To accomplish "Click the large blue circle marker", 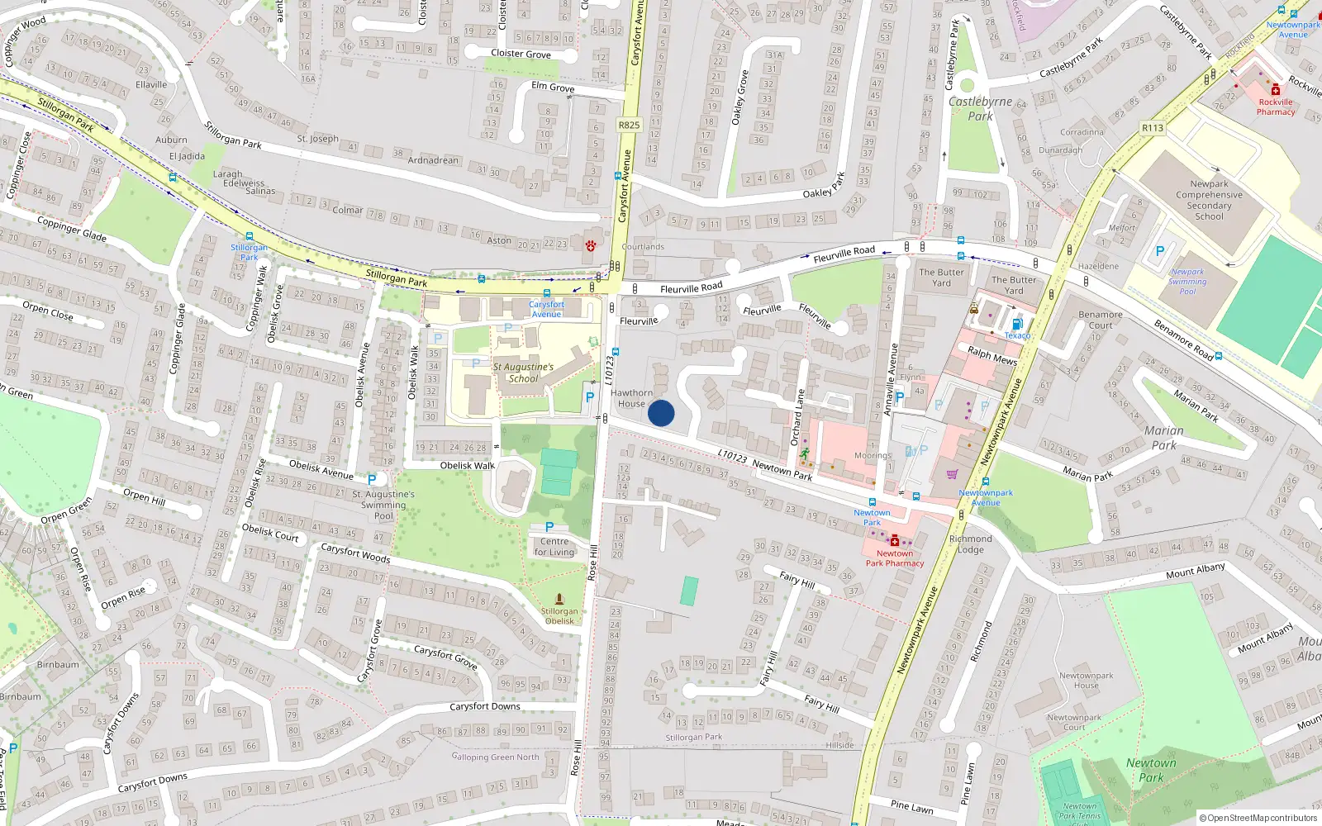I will coord(661,413).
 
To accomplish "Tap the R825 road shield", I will coord(629,125).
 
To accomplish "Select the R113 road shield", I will coord(1153,127).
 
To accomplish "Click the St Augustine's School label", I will coord(523,373).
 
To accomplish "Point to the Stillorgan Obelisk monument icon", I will coord(559,599).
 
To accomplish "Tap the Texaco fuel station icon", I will coord(1017,324).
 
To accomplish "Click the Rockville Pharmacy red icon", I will coord(1276,90).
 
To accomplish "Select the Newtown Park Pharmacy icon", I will coord(894,541).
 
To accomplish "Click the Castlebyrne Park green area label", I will coord(980,108).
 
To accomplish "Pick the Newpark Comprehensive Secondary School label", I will coord(1209,200).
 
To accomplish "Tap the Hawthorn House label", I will coord(631,398).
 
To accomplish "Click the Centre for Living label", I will coord(554,547).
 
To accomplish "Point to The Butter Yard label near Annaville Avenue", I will coord(941,278).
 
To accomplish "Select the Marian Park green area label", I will coord(1163,438).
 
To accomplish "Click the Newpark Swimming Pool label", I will coord(1187,282).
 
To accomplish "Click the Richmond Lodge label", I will coord(971,544).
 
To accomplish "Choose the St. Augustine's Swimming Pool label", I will coord(383,505).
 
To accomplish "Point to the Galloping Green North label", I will coord(495,757).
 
